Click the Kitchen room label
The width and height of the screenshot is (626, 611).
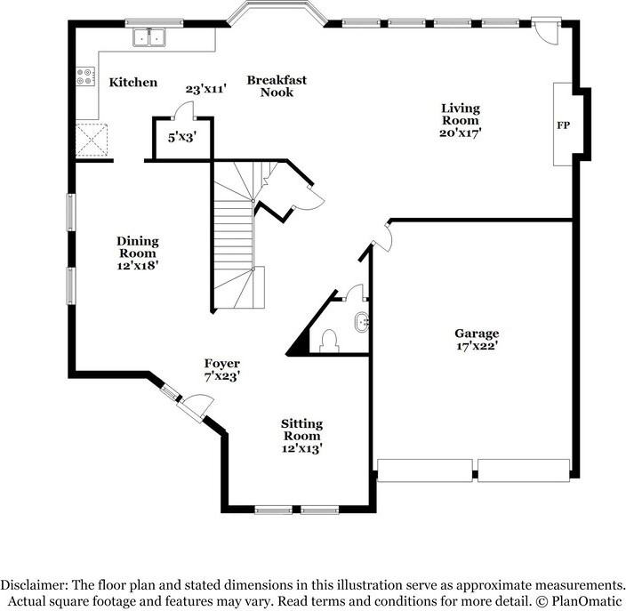coord(133,83)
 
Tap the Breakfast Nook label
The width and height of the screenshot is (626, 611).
coord(277,85)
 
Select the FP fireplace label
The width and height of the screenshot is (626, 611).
coord(563,125)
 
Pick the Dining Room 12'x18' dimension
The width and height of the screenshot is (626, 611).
coord(137,264)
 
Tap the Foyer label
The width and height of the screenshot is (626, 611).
coord(221,364)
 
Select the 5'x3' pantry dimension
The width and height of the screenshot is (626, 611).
coord(182,137)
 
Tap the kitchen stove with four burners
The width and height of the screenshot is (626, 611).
coord(85,77)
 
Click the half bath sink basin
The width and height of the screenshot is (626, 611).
coord(360,321)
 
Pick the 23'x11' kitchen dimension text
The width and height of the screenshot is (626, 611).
coord(206,89)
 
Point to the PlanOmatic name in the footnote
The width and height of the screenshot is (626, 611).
coord(588,600)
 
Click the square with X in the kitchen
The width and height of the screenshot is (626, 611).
coord(92,141)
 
